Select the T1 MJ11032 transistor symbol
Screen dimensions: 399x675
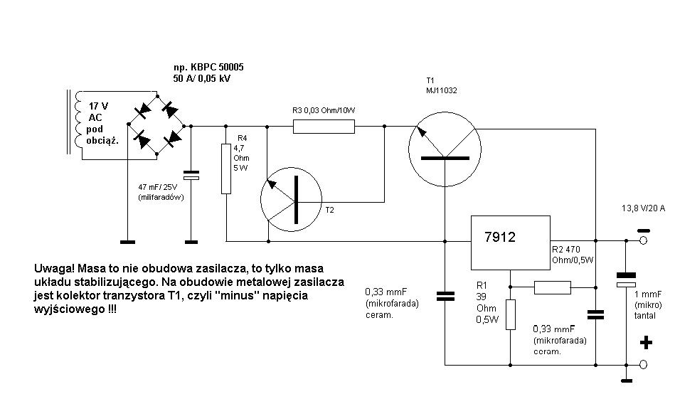click(445, 148)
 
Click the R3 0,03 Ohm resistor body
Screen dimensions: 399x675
click(324, 127)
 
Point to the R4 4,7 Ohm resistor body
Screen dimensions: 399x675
click(226, 169)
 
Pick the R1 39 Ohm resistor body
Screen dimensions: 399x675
click(510, 314)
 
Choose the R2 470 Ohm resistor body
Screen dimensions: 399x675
click(552, 287)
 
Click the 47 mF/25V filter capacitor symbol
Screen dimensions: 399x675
click(191, 173)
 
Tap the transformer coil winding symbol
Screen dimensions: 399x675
click(72, 122)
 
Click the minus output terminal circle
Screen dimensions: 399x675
click(643, 240)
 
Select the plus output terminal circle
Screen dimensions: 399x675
click(643, 365)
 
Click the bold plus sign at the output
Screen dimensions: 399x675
click(646, 344)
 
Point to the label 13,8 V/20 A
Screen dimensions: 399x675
click(643, 208)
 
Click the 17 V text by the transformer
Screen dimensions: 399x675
click(99, 105)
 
